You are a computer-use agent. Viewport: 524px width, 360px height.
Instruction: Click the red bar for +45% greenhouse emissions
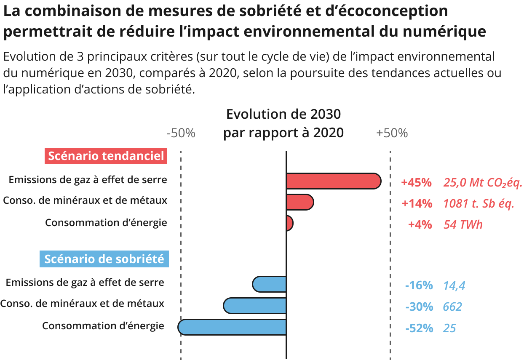click(x=333, y=181)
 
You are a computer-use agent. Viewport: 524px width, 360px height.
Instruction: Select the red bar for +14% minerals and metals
click(x=299, y=202)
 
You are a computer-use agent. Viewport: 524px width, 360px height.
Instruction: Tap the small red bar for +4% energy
click(x=289, y=223)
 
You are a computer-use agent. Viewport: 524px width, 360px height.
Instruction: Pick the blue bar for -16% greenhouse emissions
click(x=270, y=284)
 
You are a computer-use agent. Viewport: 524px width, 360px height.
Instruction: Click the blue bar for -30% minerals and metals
click(x=255, y=306)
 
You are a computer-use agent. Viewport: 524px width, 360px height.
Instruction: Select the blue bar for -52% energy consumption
click(x=232, y=327)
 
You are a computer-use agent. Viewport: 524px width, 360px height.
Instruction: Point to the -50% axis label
click(x=181, y=133)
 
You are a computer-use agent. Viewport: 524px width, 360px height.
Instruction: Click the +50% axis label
click(x=392, y=133)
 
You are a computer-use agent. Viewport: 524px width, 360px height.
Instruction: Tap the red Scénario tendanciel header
click(x=106, y=156)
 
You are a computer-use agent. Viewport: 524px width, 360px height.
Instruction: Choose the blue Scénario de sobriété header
click(x=104, y=259)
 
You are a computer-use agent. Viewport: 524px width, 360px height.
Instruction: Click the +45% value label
click(x=416, y=183)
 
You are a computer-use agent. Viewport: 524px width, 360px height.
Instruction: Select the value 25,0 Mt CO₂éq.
click(x=483, y=183)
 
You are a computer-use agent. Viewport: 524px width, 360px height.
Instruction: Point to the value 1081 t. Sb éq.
click(x=479, y=204)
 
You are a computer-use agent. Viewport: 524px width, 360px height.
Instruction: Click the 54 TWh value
click(x=463, y=224)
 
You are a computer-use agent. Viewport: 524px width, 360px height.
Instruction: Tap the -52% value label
click(x=419, y=328)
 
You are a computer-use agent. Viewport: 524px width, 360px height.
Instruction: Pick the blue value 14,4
click(x=454, y=286)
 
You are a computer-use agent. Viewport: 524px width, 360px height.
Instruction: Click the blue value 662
click(x=452, y=307)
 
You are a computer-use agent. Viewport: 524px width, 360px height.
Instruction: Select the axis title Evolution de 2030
click(x=283, y=114)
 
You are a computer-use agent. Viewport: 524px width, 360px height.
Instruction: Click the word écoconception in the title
click(x=387, y=11)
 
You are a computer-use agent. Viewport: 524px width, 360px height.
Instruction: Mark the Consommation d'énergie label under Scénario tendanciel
click(x=106, y=222)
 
